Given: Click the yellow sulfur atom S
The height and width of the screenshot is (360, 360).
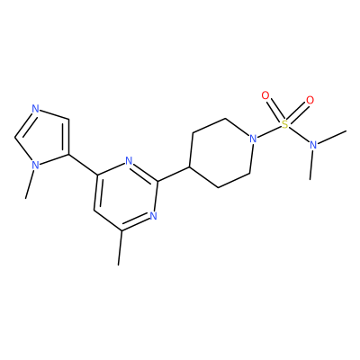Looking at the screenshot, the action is coord(284,124).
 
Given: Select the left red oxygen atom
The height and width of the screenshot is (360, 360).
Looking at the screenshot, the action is coord(265,96).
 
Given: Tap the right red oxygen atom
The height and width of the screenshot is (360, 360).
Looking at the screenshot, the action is coord(310,100).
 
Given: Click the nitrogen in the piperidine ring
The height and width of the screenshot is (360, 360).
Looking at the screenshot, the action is coord(254,139).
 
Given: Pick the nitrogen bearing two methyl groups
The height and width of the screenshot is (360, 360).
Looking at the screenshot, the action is coord(313,145).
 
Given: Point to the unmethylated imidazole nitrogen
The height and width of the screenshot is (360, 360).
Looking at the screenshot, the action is coord(35,108).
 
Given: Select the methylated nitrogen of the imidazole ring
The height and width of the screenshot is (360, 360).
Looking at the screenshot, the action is coord(35,165).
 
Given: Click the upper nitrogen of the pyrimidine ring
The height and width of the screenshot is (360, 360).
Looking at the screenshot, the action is coord(129,161).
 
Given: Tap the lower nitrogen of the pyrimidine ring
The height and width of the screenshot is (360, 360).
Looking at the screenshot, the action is coord(153,216).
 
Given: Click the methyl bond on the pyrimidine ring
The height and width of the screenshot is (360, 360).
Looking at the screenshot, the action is coord(120,247).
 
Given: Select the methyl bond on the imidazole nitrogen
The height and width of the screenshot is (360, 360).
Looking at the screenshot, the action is coord(30,184).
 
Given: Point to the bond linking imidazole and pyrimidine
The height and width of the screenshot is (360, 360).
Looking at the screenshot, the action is coord(84,165).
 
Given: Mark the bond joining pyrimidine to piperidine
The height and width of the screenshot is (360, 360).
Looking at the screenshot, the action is coord(174,174).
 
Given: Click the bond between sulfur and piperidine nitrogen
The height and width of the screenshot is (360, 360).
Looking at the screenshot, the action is coord(269,131).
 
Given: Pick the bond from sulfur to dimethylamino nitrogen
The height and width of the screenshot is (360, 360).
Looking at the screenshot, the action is coord(299,134).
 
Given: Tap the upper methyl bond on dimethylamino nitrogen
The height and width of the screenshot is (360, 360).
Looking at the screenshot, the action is coord(332,137).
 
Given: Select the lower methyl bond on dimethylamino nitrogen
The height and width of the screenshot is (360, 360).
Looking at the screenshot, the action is coord(311,165).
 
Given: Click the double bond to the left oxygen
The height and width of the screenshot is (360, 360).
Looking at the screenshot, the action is coord(274,110).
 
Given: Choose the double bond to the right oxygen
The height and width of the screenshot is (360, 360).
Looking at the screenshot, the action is coord(298,112).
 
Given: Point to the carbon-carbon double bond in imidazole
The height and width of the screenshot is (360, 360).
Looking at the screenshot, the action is coord(67,137).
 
